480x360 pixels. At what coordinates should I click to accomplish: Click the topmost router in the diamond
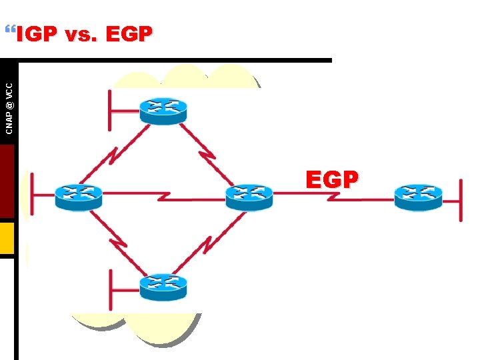click(x=163, y=110)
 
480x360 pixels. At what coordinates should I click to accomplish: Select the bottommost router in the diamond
click(x=163, y=287)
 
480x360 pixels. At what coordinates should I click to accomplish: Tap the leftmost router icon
click(x=79, y=197)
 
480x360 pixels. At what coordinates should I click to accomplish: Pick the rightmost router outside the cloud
click(x=418, y=197)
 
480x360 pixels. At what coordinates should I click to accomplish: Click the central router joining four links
click(x=249, y=197)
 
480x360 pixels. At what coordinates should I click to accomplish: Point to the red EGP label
click(x=332, y=179)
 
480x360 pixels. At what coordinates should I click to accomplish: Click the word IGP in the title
click(x=37, y=34)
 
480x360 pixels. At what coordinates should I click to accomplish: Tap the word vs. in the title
click(x=82, y=35)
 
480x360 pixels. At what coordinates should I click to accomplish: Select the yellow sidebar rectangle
click(x=7, y=238)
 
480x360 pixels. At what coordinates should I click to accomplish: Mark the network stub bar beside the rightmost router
click(x=461, y=199)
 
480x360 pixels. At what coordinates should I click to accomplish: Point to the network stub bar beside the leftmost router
click(x=32, y=195)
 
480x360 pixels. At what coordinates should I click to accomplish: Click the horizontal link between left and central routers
click(x=163, y=195)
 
